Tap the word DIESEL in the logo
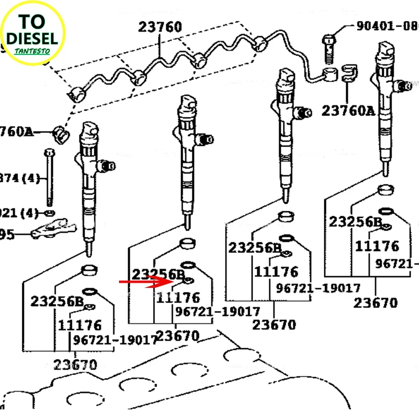tap(32, 39)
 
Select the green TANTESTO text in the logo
tap(32, 51)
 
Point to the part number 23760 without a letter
tap(160, 27)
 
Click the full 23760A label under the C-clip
tap(348, 111)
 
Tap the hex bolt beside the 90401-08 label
tap(328, 48)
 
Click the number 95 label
tap(7, 234)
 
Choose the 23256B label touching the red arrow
tap(158, 274)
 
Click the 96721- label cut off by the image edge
tap(396, 264)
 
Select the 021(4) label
tap(18, 213)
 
